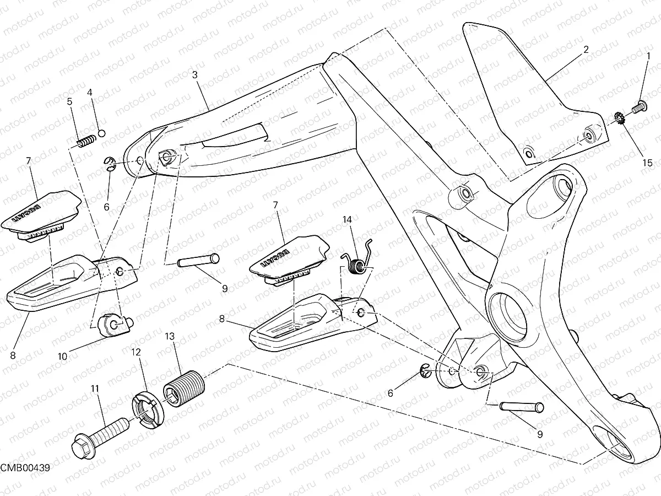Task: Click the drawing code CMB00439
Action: point(25,468)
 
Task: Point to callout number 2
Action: point(586,49)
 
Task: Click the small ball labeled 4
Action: point(101,132)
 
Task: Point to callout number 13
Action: point(169,335)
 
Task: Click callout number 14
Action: point(346,219)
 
